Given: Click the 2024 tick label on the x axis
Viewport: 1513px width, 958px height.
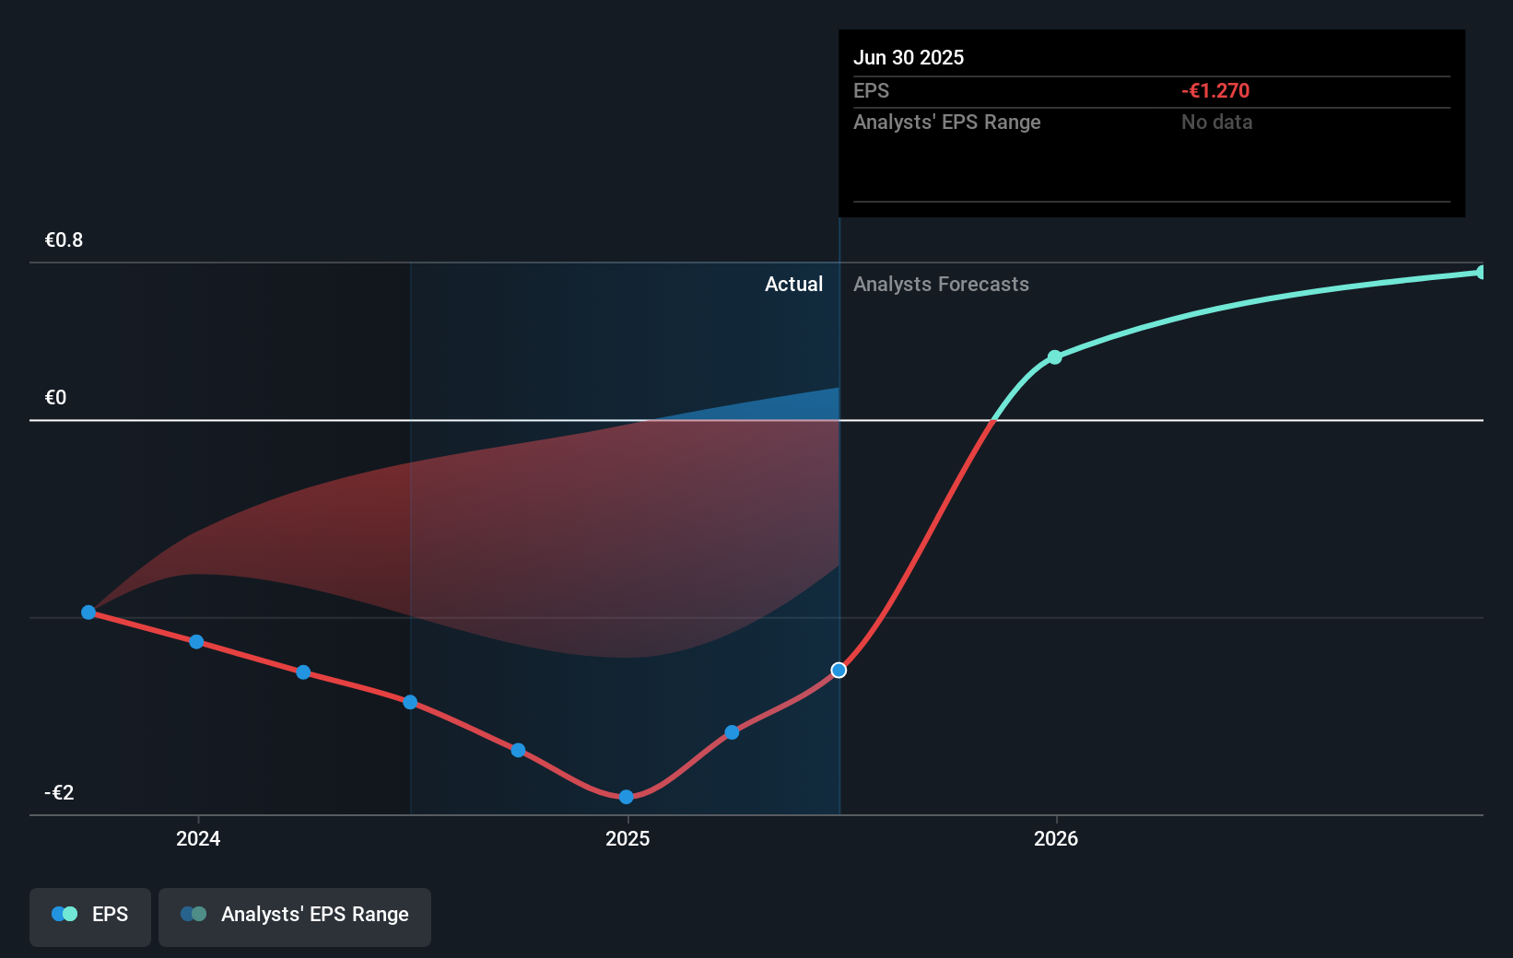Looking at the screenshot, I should pos(198,838).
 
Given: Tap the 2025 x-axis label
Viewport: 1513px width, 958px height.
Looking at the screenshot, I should pos(627,838).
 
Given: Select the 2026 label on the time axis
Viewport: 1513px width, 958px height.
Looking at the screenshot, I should pos(1056,838).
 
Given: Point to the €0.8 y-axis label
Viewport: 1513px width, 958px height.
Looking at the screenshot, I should pos(64,240).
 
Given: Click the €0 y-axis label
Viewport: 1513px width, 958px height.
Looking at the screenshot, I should pos(55,398).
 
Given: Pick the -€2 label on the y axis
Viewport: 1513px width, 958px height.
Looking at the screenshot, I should pos(59,793).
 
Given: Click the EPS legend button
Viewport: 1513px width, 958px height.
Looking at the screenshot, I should pos(90,915).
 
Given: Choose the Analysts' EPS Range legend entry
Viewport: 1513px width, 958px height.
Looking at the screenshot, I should pos(295,915).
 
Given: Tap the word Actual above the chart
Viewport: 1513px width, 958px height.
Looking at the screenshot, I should pos(793,285).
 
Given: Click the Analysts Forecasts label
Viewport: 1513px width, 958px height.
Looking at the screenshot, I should pos(941,285).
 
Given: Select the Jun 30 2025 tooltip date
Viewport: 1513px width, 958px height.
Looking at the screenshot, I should pos(909,57).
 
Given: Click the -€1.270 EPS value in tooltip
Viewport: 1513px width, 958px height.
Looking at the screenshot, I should pos(1215,90).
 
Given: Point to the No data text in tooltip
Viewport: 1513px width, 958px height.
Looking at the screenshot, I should pos(1216,123).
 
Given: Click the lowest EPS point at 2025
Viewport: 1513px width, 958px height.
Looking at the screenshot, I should pos(627,797).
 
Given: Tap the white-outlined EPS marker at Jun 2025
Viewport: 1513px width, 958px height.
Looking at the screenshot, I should pos(839,671).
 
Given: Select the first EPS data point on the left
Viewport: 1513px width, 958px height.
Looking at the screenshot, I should pos(88,613).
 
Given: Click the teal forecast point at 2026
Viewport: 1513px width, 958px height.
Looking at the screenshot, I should pos(1055,357).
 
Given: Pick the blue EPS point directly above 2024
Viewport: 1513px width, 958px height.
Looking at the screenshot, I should pos(196,642).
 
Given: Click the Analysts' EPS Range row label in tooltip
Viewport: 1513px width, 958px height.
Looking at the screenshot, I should pos(946,123).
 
